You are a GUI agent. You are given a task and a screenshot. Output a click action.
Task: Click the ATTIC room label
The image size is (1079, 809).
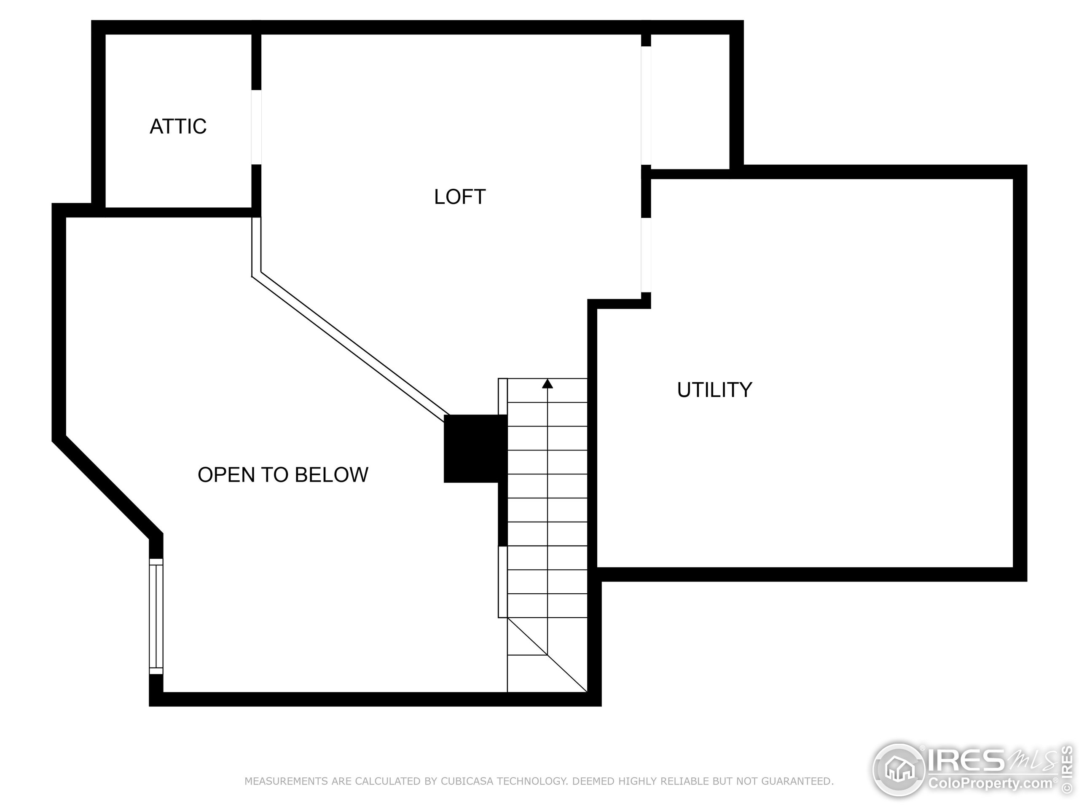coord(177,126)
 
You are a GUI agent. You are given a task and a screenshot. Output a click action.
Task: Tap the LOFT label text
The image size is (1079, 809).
coord(459,197)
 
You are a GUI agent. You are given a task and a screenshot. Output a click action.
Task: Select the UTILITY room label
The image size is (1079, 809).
coord(714,390)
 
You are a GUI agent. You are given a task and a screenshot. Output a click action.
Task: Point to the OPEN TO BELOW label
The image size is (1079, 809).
coord(282,475)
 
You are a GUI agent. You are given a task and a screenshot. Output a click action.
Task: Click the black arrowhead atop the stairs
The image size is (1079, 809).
coord(548,384)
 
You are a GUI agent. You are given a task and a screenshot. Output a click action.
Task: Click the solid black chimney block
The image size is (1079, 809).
coord(475,448)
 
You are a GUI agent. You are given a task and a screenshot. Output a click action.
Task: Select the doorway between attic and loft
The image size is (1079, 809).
coord(256,127)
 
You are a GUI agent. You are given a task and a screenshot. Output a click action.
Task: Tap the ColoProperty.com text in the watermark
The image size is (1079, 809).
coord(990,784)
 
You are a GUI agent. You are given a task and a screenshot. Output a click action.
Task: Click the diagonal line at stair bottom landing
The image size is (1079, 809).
coord(546,655)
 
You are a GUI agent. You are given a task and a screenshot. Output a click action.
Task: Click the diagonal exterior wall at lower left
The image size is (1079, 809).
coord(107,488)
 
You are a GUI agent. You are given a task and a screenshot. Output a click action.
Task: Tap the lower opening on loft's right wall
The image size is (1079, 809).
coord(646,254)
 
